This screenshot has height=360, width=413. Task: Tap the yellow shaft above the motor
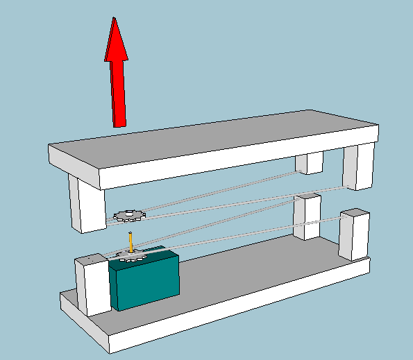(x=130, y=242)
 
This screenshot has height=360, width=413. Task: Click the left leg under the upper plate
(x=87, y=205)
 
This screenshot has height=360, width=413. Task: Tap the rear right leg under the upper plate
(x=310, y=164)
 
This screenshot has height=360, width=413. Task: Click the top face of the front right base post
(x=355, y=212)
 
